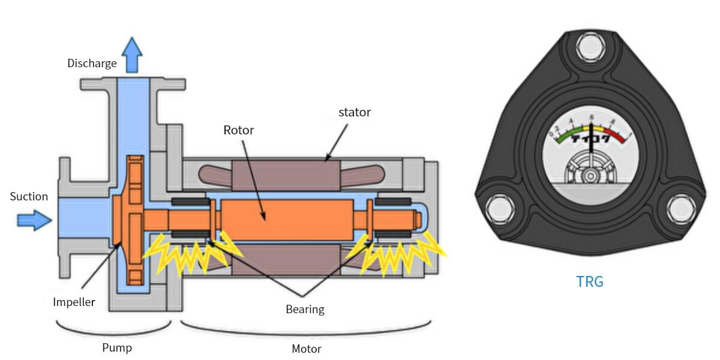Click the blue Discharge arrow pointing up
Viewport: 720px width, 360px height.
(x=131, y=55)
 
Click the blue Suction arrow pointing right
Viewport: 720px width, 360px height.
(x=34, y=220)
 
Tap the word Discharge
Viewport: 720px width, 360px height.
(x=92, y=63)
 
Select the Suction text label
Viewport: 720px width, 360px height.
(x=29, y=196)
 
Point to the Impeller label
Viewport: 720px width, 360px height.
(x=74, y=302)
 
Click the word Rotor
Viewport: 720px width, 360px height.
(x=239, y=130)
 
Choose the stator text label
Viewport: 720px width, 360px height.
(x=355, y=112)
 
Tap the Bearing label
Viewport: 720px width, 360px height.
(x=305, y=310)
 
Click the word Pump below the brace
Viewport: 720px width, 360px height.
(x=116, y=347)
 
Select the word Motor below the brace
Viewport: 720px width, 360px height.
(x=306, y=349)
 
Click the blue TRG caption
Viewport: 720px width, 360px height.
(x=589, y=281)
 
